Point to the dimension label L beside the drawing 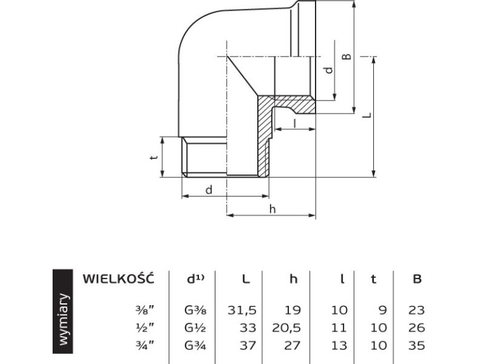[367, 115]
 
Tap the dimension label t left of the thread [154, 157]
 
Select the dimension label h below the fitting [272, 210]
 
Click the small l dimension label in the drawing [295, 123]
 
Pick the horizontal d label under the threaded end [209, 189]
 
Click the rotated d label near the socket [329, 70]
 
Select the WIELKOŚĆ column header [118, 278]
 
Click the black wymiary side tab [63, 311]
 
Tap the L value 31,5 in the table [242, 310]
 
